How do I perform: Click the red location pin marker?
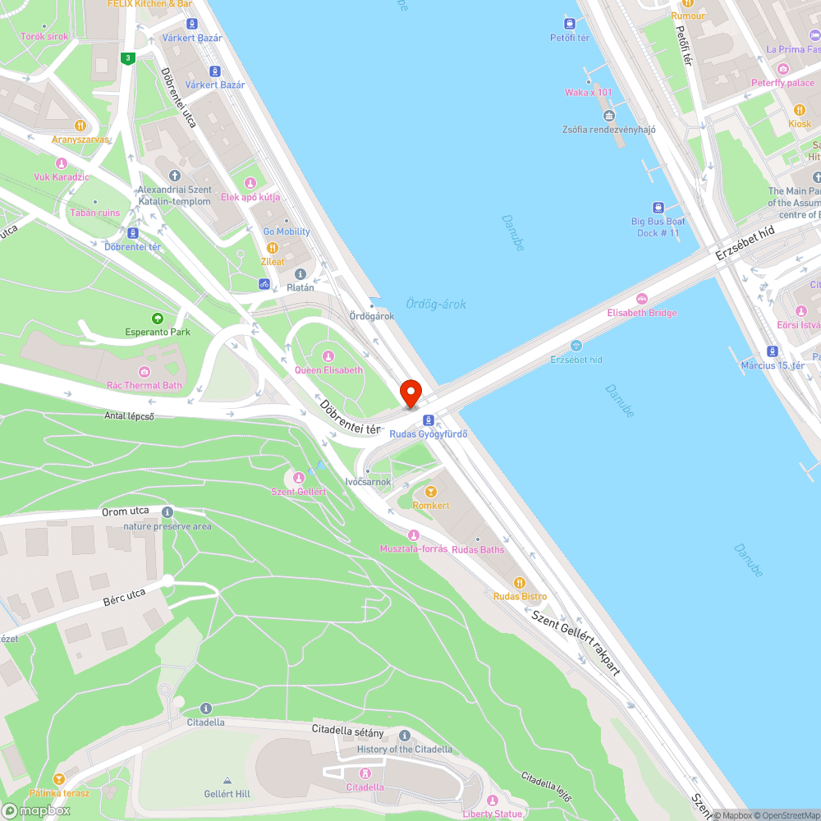pyautogui.click(x=410, y=392)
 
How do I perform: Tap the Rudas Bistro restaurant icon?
pyautogui.click(x=519, y=582)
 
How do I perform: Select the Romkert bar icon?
pyautogui.click(x=431, y=492)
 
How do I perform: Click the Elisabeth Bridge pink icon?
pyautogui.click(x=641, y=299)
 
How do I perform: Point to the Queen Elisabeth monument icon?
pyautogui.click(x=328, y=356)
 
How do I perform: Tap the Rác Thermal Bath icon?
pyautogui.click(x=145, y=372)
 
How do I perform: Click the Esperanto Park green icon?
pyautogui.click(x=157, y=318)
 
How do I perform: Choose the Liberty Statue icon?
pyautogui.click(x=493, y=800)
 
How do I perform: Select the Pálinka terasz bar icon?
pyautogui.click(x=58, y=779)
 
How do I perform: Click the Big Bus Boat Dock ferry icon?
pyautogui.click(x=658, y=208)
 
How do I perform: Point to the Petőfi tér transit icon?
pyautogui.click(x=571, y=24)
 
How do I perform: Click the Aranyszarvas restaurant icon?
pyautogui.click(x=80, y=126)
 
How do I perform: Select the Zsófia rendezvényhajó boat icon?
pyautogui.click(x=609, y=116)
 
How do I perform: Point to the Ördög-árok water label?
pyautogui.click(x=436, y=304)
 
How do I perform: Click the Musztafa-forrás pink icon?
pyautogui.click(x=413, y=535)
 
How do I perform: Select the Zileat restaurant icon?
pyautogui.click(x=273, y=248)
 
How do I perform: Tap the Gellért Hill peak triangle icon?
pyautogui.click(x=227, y=780)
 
